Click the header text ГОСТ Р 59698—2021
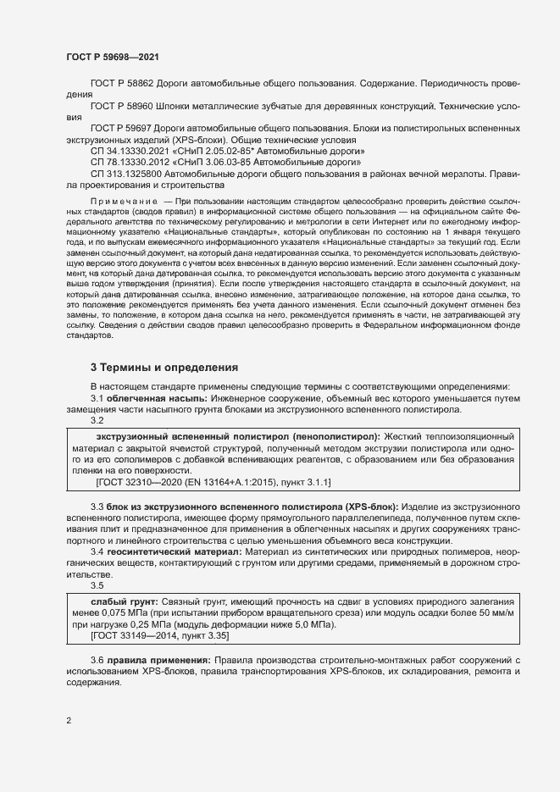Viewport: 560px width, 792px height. point(110,57)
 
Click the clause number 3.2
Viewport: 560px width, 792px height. point(97,420)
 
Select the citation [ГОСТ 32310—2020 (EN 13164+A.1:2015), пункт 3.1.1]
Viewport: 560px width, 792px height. point(213,482)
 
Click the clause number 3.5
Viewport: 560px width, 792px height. point(97,585)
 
